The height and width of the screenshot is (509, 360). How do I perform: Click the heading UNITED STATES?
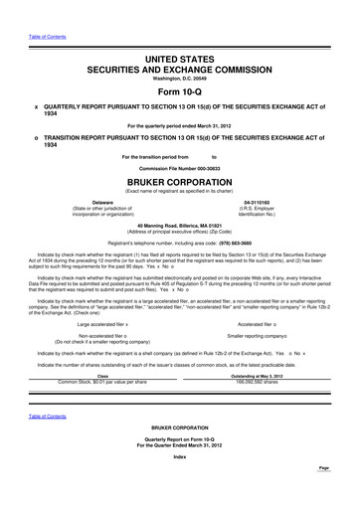[179, 62]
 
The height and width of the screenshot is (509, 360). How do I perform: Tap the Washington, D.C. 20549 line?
[179, 82]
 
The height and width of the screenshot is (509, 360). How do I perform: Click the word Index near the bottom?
[179, 484]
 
